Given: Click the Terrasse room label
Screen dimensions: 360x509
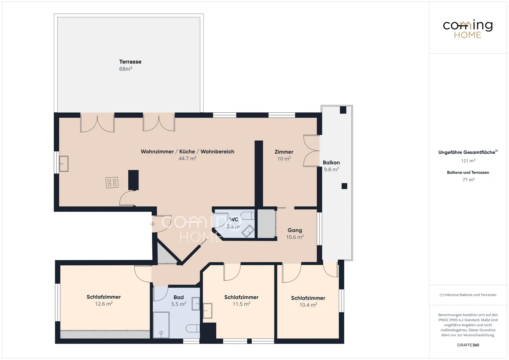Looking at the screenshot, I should (130, 62).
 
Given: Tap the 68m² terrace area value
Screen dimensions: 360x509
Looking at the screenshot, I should (125, 69).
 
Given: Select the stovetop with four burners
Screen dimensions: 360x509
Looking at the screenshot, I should (112, 183).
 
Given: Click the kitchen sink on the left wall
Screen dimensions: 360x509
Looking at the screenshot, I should (64, 164).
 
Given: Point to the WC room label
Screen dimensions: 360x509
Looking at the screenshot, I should (234, 220).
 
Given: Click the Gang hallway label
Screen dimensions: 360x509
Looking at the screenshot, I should (294, 230).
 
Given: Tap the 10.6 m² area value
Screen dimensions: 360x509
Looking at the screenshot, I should (295, 237).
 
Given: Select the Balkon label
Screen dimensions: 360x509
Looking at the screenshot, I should (331, 163).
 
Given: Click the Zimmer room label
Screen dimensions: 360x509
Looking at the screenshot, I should (284, 152).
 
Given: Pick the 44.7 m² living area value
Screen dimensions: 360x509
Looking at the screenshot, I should (187, 159).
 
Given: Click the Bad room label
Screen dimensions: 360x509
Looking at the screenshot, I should (179, 297).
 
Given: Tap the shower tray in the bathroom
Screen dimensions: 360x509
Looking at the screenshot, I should (161, 325).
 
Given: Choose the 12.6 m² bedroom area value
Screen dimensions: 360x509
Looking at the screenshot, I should (104, 304).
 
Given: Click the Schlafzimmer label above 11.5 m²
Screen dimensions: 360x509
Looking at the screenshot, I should (241, 297).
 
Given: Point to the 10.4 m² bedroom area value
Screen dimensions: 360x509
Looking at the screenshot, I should (308, 305).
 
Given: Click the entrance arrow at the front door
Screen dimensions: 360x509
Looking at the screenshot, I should (152, 224).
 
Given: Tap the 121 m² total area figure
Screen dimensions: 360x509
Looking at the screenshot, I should (468, 161).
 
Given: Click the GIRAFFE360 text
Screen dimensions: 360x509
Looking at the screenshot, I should (468, 345).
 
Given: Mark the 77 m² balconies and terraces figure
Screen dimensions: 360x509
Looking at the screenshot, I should (468, 180).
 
